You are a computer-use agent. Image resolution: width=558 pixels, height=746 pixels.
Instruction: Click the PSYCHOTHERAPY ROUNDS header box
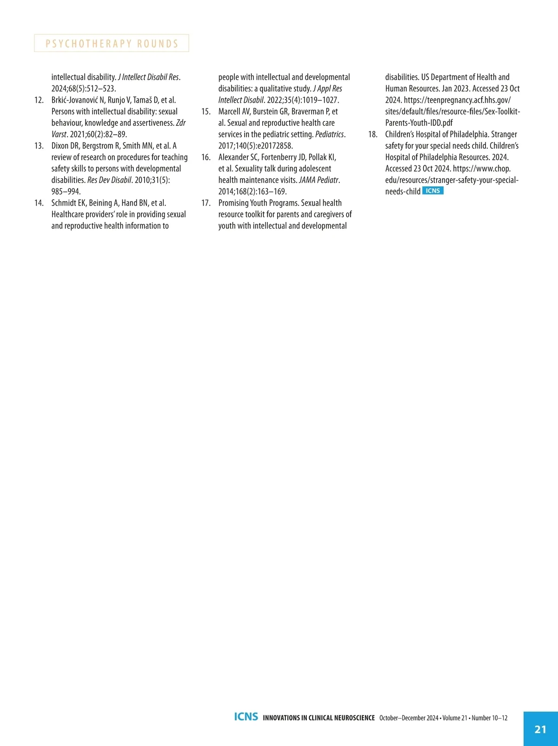coord(112,43)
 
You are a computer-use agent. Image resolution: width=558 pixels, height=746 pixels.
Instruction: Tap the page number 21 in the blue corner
coord(540,729)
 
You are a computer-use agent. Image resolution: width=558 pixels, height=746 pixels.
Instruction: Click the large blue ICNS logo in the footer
coord(246,717)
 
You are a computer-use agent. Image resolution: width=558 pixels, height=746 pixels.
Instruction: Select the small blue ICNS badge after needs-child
coord(433,191)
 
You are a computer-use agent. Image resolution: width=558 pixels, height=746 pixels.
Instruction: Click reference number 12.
coord(39,100)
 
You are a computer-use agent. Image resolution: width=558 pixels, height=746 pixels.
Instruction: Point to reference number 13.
coord(39,146)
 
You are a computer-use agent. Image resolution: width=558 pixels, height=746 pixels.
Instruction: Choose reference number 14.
coord(39,203)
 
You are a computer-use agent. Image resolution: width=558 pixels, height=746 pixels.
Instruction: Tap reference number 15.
coord(206,111)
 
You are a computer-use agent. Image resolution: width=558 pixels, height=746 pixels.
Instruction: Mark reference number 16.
coord(206,157)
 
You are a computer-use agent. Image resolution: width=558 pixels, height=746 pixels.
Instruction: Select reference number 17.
coord(206,203)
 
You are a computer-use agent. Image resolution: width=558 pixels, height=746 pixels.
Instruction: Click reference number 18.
coord(373,134)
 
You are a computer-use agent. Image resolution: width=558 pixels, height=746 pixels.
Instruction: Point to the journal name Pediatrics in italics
coord(330,134)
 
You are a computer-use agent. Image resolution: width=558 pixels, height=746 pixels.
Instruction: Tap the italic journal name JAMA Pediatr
coord(319,180)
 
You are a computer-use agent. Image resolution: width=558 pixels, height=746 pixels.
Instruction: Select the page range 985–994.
coord(66,191)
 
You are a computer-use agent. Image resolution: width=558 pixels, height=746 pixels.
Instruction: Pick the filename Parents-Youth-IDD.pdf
coord(419,123)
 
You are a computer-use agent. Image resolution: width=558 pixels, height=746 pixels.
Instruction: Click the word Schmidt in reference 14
coord(63,203)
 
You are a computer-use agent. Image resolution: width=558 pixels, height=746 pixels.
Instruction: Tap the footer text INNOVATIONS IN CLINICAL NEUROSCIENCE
coord(319,718)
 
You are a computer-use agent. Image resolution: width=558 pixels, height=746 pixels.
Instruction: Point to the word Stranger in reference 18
coord(504,134)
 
